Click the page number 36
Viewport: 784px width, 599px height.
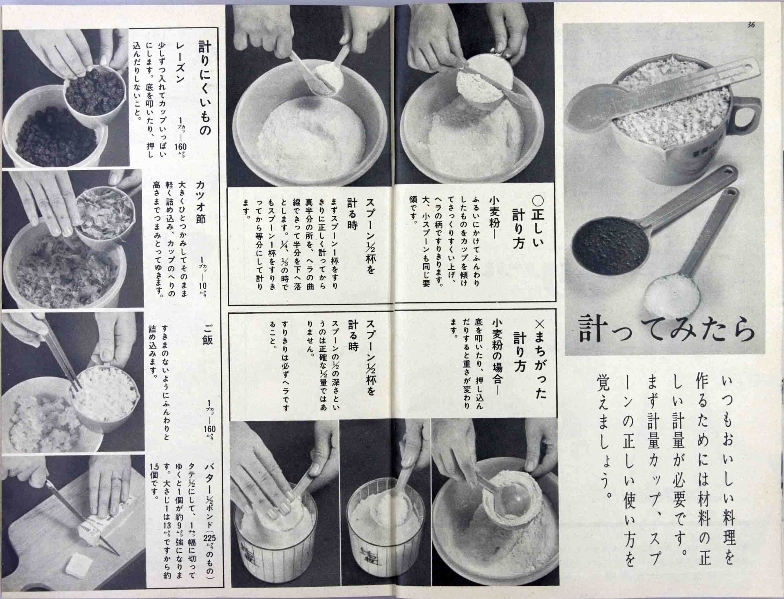751,25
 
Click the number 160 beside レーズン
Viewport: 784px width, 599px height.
180,147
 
